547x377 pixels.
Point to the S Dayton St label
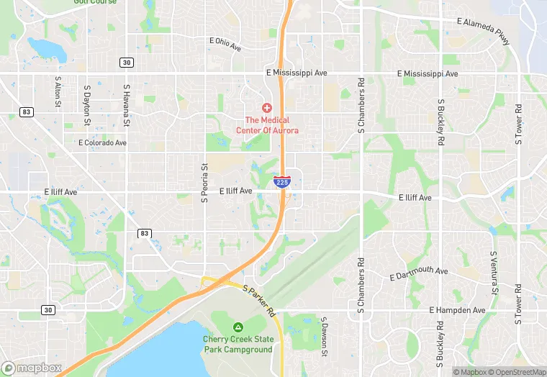pos(87,94)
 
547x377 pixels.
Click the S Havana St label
pos(126,99)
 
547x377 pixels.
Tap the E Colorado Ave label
pos(102,142)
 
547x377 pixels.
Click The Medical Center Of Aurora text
pos(267,125)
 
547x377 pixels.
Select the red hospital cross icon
pos(267,107)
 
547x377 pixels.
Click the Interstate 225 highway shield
pos(282,182)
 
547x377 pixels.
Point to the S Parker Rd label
pos(259,301)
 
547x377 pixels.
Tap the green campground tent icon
pos(238,327)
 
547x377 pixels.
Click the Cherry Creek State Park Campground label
pos(238,345)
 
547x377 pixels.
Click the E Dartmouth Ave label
pos(418,274)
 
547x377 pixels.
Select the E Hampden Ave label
pos(458,310)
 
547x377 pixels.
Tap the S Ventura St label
pos(494,273)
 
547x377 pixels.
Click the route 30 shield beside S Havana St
pos(127,63)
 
